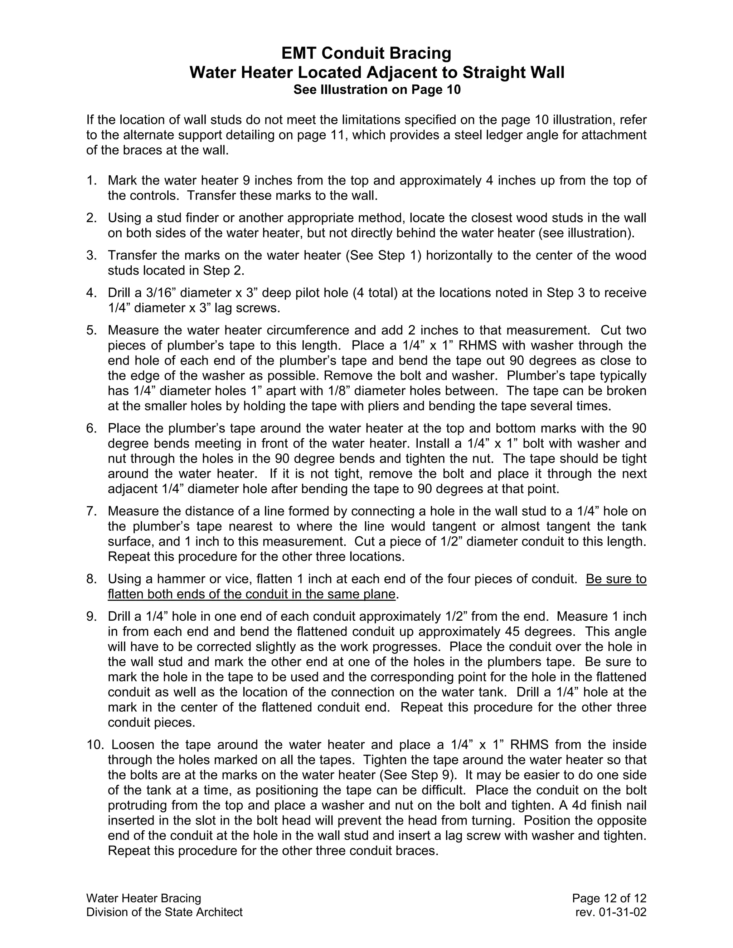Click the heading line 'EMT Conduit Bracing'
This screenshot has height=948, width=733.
pos(366,53)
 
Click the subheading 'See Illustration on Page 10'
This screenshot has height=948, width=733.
pos(377,90)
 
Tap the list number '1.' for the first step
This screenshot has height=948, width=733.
pos(92,180)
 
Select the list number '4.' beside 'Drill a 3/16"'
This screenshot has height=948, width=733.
pos(92,293)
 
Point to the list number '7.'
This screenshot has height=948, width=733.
pos(92,511)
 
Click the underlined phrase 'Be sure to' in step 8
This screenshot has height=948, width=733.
pos(616,579)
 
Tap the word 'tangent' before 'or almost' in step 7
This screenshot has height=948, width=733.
pos(445,527)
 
